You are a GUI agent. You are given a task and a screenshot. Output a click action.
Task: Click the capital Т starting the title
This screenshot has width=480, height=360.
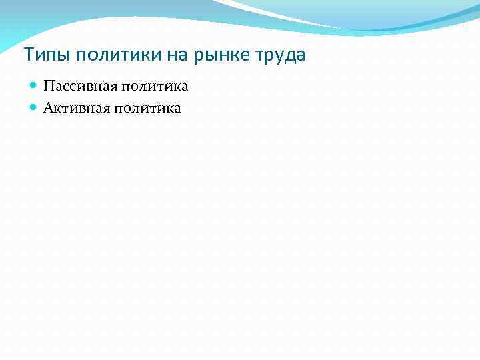point(27,54)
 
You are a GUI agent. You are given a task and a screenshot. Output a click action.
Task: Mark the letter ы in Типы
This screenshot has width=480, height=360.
point(55,55)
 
